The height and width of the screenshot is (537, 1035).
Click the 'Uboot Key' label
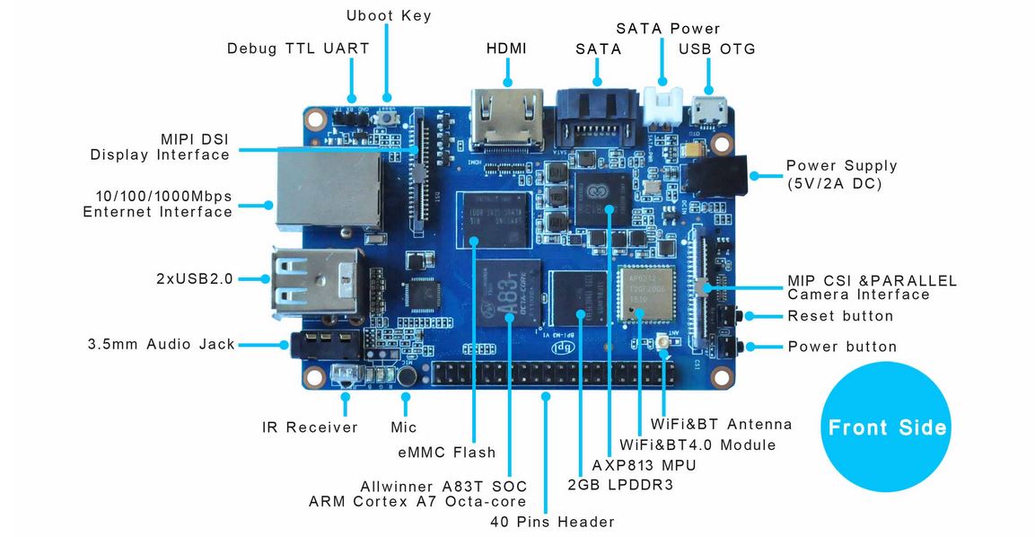(x=389, y=15)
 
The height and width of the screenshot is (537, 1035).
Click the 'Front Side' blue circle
(x=886, y=427)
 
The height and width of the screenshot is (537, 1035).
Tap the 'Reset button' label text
(x=840, y=316)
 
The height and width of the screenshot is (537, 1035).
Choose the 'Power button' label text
(x=842, y=347)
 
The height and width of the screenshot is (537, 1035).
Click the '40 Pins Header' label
(x=552, y=522)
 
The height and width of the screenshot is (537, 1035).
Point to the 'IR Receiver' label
(x=310, y=427)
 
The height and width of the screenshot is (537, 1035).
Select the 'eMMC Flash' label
(x=446, y=452)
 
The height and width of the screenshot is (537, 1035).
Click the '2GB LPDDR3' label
(x=620, y=484)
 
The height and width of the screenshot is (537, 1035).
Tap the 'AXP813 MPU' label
(x=644, y=465)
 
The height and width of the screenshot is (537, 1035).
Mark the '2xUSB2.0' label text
(x=194, y=278)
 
